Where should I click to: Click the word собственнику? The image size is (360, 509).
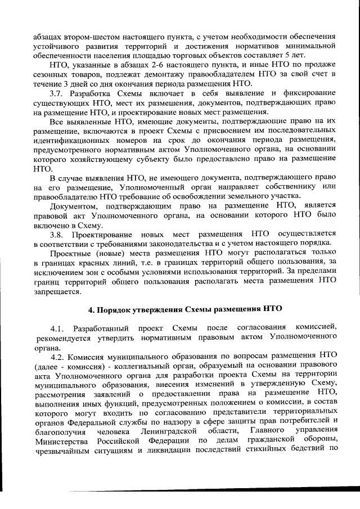(x=295, y=186)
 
